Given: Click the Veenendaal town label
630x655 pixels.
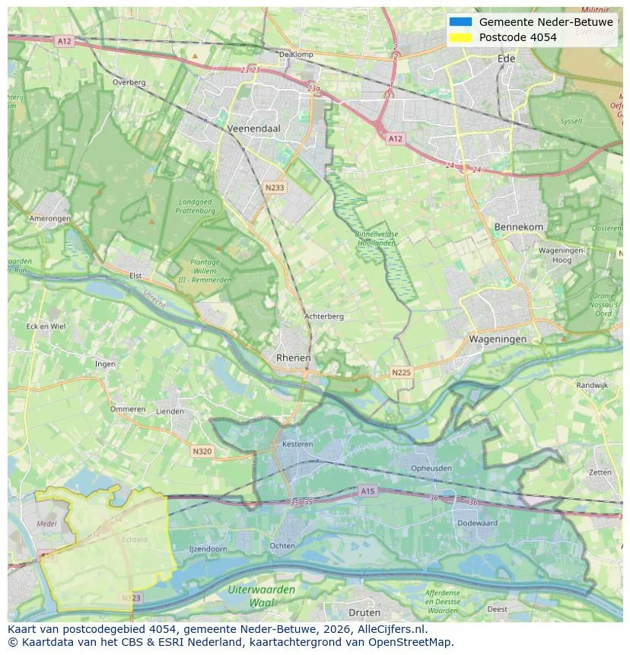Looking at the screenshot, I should point(254,129).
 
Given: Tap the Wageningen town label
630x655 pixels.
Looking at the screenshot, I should point(498,339).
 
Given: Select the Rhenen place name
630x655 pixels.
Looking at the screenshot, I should point(293,358).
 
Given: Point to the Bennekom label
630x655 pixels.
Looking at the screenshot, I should point(519,227).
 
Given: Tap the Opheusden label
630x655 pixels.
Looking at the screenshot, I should point(431,468).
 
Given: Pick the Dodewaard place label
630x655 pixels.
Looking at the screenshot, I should point(477,523).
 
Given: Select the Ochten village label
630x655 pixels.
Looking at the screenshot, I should point(282,545).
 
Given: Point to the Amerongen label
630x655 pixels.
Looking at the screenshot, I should point(50,218).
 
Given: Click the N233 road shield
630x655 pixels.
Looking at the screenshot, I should point(275,186).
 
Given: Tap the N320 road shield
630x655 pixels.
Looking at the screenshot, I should point(202,451).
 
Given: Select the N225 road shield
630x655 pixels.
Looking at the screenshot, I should point(401,372).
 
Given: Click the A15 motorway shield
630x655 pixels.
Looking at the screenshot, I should point(368,491).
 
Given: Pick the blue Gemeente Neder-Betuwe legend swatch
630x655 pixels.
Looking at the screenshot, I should point(460,22).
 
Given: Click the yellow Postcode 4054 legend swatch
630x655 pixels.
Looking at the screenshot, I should point(460,37).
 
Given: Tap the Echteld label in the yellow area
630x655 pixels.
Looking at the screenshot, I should point(134,539).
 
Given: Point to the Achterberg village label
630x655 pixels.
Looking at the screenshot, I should point(324,316).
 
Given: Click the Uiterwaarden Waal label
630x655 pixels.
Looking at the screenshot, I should point(261,596).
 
